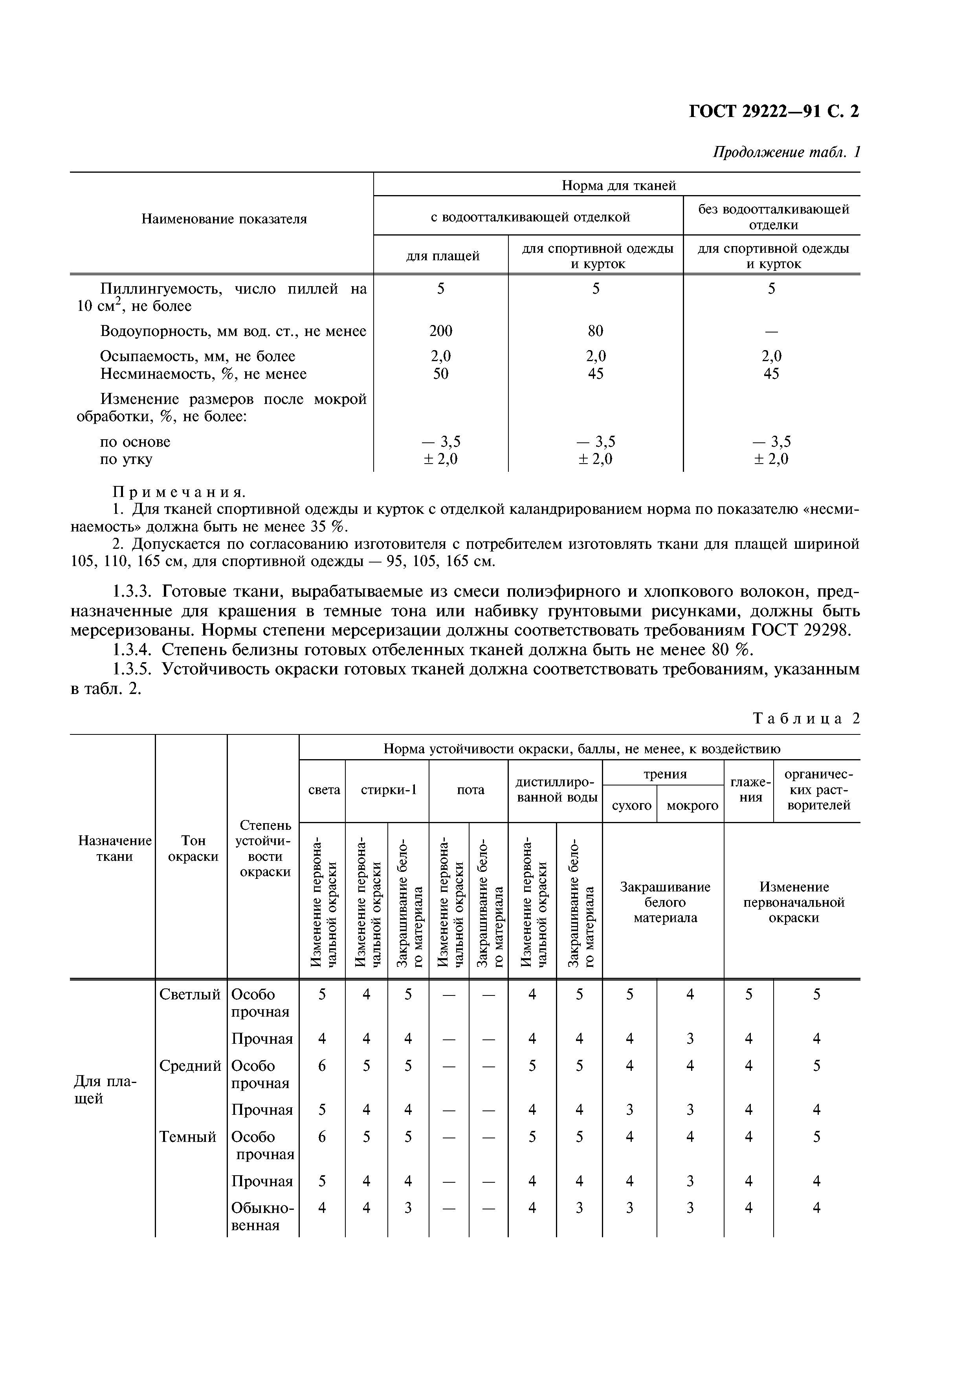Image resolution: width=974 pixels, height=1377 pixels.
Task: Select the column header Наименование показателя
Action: click(224, 219)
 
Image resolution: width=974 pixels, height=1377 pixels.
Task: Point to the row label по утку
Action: click(126, 459)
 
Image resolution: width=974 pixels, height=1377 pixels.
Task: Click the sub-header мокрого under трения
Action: click(692, 805)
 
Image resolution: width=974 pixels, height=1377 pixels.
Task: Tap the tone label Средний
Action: click(190, 1066)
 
